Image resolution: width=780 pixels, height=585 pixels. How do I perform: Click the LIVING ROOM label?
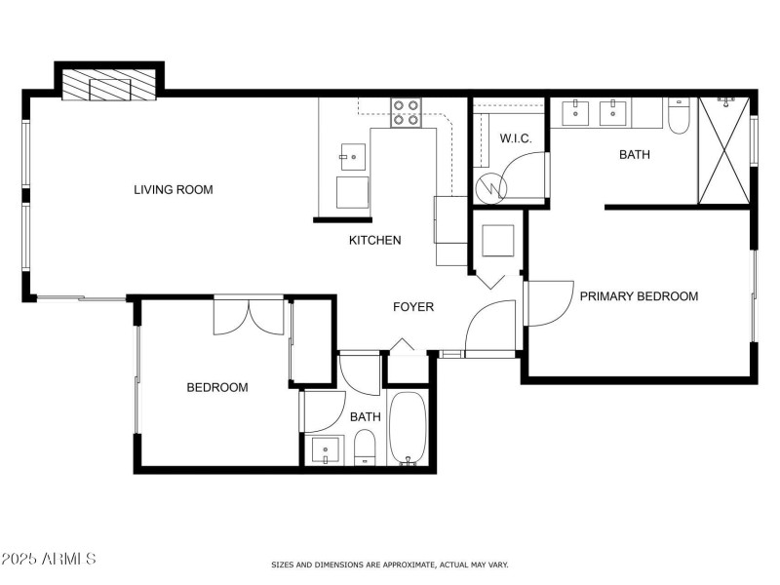pos(173,189)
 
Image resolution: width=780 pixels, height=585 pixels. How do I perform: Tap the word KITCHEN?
pos(374,240)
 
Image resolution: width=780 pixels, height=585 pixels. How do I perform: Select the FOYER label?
pos(412,307)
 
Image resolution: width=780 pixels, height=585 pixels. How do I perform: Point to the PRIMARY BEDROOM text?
pos(639,296)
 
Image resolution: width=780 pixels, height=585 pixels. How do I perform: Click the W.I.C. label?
pos(516,138)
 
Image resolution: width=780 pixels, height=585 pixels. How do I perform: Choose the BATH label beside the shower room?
pos(635,154)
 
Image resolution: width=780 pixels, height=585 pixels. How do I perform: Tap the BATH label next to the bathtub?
pos(365,417)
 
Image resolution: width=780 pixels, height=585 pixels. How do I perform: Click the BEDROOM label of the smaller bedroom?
pos(216,387)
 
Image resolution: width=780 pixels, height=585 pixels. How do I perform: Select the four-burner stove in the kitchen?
pos(406,113)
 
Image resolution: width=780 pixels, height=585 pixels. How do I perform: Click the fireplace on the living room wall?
pos(109,84)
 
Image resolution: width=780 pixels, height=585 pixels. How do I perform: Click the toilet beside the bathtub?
pos(365,449)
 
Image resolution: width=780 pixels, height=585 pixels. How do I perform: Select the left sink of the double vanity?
pos(576,113)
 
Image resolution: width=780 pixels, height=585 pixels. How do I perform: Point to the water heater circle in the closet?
pos(492,183)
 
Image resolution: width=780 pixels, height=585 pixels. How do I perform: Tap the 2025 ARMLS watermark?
pos(49,559)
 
